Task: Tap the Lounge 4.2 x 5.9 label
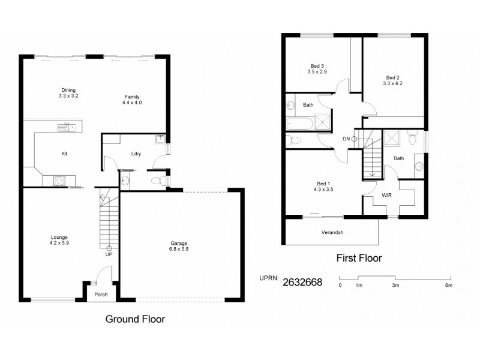tap(59, 241)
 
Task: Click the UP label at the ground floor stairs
tap(109, 254)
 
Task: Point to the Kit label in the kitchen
tap(64, 154)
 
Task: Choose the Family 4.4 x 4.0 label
tap(132, 100)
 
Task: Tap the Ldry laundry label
tap(136, 154)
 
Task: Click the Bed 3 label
tap(317, 68)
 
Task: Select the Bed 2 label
tap(392, 80)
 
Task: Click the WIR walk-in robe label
tap(387, 195)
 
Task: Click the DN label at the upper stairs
tap(346, 139)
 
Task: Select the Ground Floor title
tap(135, 319)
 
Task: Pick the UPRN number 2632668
tap(302, 283)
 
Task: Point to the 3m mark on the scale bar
tap(395, 285)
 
